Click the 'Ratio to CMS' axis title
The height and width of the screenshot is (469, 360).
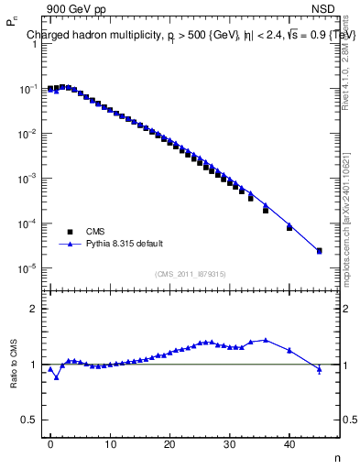12,364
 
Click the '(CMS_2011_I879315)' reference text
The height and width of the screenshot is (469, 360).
191,274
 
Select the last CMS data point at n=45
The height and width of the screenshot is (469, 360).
319,251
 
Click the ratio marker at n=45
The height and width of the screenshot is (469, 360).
319,369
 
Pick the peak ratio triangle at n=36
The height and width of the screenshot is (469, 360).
266,340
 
